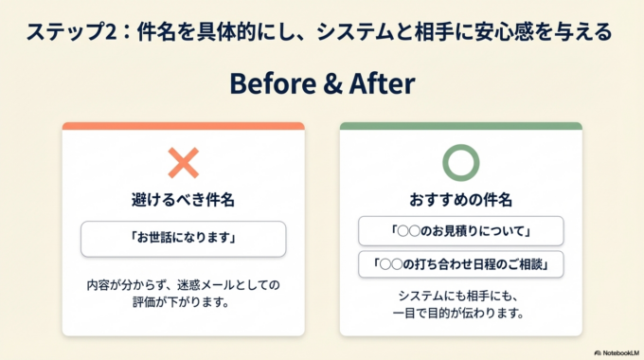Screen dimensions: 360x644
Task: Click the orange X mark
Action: (183, 164)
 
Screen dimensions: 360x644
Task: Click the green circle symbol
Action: (461, 164)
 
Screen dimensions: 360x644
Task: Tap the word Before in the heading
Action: (276, 83)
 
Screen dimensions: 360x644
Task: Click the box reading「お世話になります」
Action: (183, 239)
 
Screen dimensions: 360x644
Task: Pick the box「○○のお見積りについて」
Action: (461, 231)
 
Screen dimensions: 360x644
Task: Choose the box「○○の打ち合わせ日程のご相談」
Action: (461, 263)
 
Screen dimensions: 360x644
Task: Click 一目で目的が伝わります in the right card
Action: (461, 312)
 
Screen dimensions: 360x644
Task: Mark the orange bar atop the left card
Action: (183, 126)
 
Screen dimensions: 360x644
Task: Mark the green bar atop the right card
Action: (461, 126)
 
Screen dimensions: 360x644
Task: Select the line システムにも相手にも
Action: (461, 295)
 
